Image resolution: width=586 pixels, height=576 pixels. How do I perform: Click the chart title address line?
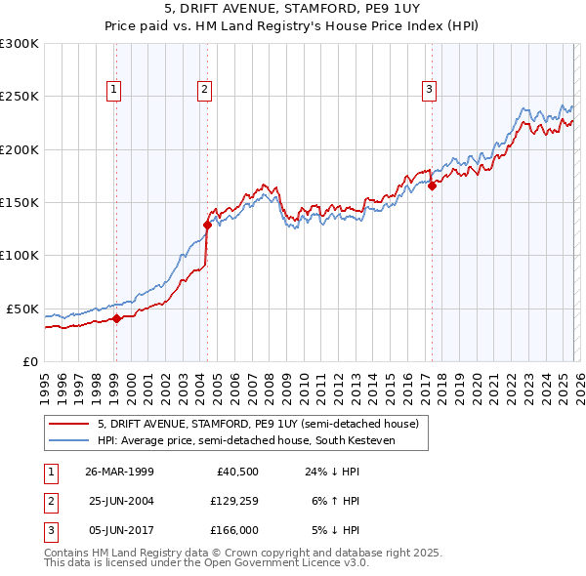[293, 9]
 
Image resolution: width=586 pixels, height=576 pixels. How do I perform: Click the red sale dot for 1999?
[116, 318]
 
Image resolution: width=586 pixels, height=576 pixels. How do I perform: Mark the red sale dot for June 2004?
[207, 225]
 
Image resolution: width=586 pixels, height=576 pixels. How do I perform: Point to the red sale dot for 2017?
[431, 185]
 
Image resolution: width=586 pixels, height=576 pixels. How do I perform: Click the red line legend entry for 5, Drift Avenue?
[258, 424]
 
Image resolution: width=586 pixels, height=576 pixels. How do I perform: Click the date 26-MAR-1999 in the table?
[119, 472]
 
